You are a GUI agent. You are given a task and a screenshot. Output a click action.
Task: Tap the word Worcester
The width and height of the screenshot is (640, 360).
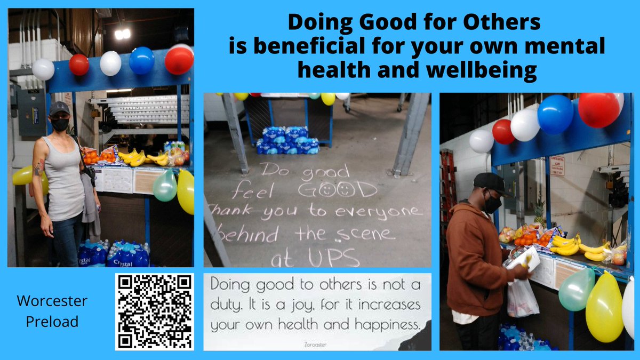[x=52, y=301]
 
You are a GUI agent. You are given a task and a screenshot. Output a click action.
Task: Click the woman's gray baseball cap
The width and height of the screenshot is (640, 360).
[x=59, y=108]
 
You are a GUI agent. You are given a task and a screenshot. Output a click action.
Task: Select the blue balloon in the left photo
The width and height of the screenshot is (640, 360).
[x=141, y=60]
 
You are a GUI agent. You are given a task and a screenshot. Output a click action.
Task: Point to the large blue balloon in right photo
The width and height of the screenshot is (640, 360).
[x=555, y=114]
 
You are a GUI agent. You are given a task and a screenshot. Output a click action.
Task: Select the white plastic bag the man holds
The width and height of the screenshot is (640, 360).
[x=522, y=296]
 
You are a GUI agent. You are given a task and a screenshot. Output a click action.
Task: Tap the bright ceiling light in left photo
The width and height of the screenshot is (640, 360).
[x=122, y=34]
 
